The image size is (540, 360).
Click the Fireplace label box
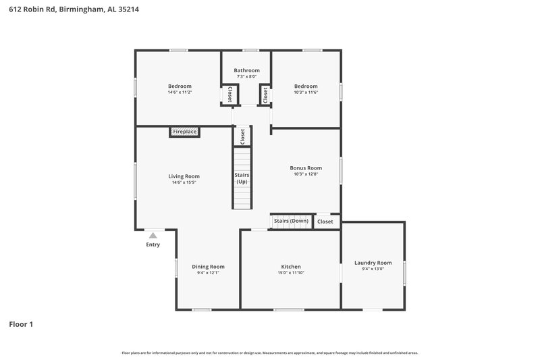click(184, 132)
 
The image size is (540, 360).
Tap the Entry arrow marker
click(153, 236)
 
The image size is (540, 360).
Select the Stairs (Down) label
click(291, 221)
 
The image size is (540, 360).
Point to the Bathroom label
click(246, 70)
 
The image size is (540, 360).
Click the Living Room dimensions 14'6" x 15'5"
click(184, 182)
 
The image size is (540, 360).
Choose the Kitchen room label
click(291, 266)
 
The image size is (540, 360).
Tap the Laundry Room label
click(373, 262)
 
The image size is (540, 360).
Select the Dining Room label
click(208, 266)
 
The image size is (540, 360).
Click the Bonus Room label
click(306, 168)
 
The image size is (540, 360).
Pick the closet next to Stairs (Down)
click(325, 222)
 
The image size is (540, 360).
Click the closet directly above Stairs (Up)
click(242, 135)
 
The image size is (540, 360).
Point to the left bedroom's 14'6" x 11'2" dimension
click(180, 93)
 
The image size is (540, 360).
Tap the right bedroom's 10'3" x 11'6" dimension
click(306, 93)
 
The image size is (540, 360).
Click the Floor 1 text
click(21, 324)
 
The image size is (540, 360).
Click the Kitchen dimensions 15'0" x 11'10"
click(291, 273)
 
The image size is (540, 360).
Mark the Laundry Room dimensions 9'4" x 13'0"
click(373, 269)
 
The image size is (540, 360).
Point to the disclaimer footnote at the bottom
click(269, 353)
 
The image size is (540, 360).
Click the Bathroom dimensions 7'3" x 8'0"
click(246, 77)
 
